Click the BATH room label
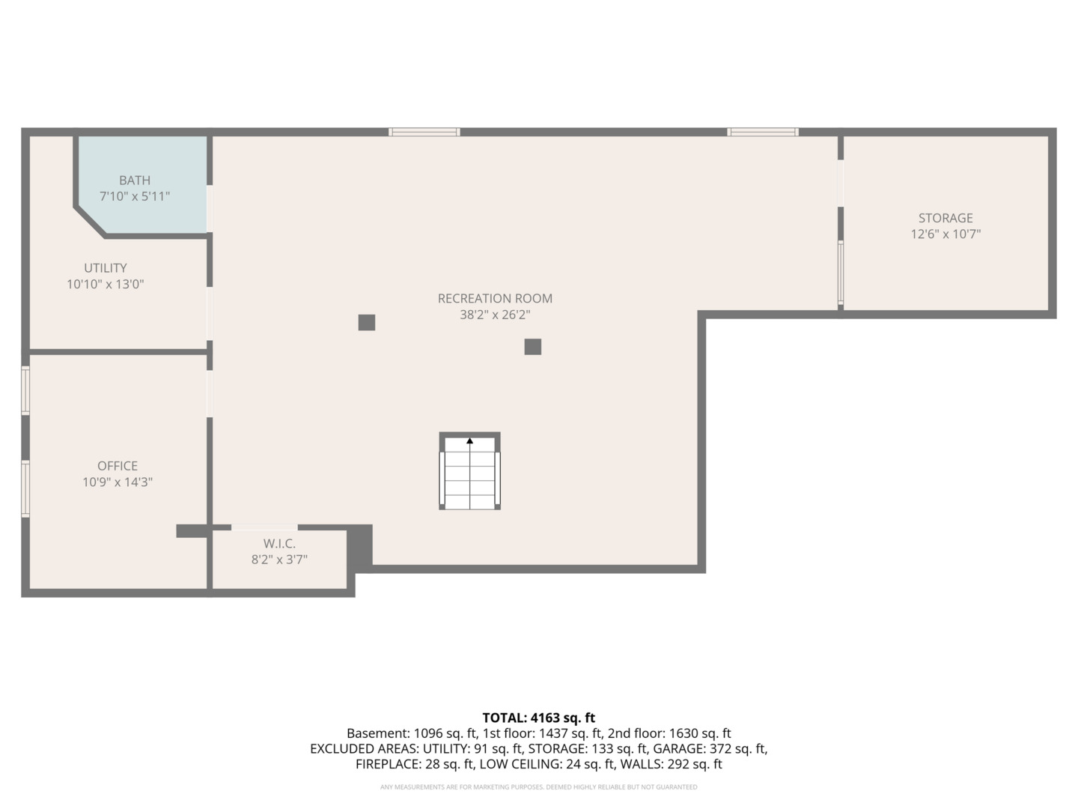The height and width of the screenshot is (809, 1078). point(135,181)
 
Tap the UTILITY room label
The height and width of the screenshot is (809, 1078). point(106,268)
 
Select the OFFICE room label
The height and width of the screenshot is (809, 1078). point(118,466)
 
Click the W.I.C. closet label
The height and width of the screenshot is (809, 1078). point(279,544)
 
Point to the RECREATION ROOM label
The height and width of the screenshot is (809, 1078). point(495,298)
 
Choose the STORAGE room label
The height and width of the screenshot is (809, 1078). point(945,218)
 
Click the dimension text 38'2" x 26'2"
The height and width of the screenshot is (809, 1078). point(495,315)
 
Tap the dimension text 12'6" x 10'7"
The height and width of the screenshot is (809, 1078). point(945,234)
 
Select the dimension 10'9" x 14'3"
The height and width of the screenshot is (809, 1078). point(118,482)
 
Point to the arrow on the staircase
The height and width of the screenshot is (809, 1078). point(469,441)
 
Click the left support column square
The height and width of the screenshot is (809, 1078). point(367,323)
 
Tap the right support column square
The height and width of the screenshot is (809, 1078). point(533,347)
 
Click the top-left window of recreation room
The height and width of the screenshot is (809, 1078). point(424,132)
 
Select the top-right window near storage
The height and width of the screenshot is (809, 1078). point(762,132)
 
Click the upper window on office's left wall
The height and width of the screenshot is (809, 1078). point(25,390)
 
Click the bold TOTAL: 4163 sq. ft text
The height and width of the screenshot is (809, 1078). point(538,718)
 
